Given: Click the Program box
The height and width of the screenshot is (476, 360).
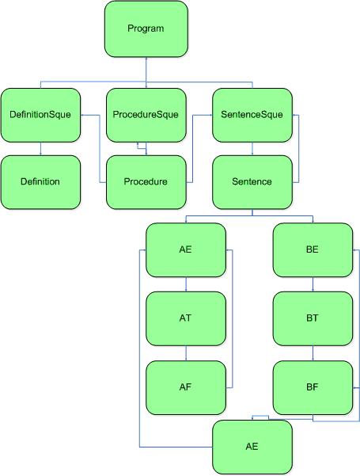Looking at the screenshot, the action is tap(146, 29).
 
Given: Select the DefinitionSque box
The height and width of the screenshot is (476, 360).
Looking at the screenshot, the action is tap(40, 115).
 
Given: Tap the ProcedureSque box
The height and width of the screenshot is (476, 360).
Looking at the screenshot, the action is tap(146, 115).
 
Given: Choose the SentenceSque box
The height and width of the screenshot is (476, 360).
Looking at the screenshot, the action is tap(252, 115).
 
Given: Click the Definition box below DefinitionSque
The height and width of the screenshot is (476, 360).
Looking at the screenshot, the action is tap(40, 182).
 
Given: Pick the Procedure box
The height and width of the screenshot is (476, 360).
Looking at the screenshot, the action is tap(146, 182).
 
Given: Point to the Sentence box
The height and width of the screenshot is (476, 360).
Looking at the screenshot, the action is tap(252, 182).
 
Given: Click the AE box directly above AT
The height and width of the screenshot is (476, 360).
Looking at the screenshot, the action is tap(186, 249).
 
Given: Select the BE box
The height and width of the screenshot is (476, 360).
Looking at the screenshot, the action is tap(313, 249).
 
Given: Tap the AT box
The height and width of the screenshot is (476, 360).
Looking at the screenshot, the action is tap(186, 318).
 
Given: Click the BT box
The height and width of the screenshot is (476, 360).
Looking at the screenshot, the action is tap(313, 318).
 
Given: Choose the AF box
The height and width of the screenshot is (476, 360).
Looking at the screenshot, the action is tap(186, 387).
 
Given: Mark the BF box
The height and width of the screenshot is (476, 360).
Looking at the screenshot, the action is tap(313, 387).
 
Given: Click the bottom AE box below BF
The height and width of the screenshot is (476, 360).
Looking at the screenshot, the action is tap(252, 447).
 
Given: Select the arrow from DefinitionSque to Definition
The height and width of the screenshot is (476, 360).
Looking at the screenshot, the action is tap(40, 149).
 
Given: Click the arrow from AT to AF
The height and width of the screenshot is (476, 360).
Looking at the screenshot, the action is tap(186, 353).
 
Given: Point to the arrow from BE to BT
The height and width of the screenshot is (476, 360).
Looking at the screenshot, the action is tap(313, 284).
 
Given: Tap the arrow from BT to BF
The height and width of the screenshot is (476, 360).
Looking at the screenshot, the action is tap(313, 353).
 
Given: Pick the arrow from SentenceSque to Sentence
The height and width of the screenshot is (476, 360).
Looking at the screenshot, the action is tap(252, 149).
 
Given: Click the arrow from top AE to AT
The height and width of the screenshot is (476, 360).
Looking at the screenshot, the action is tap(186, 284).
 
